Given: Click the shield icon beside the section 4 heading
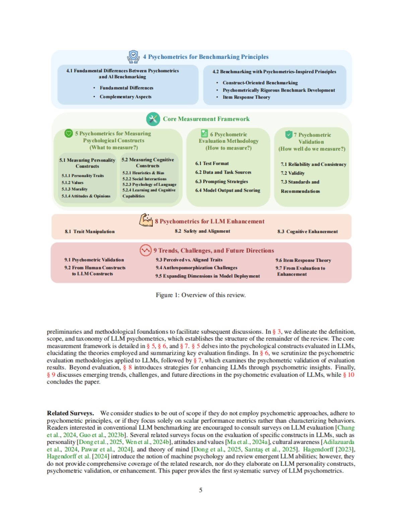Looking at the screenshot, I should (x=133, y=57).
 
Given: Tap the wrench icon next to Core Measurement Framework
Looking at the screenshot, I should (x=153, y=119).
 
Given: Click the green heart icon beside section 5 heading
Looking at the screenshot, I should (x=69, y=133).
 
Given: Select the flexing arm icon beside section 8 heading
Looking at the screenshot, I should (x=146, y=220).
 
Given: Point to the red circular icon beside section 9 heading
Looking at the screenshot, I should (x=145, y=250).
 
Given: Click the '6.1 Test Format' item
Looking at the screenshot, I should (x=212, y=164).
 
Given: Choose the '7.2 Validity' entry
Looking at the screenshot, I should (x=292, y=173).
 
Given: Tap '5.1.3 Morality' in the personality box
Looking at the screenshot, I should (x=74, y=189).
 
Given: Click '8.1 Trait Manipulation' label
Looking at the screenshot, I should (x=89, y=231).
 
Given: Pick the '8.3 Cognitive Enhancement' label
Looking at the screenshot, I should (x=307, y=231).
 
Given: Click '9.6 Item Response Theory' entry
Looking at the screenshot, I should (x=303, y=260).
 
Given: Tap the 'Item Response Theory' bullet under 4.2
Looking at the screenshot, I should (x=246, y=97).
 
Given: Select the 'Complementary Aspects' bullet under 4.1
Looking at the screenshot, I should (x=125, y=97).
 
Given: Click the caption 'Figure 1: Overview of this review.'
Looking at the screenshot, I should (x=200, y=295).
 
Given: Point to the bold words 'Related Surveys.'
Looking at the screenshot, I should (x=70, y=413).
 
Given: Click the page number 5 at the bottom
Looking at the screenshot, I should (x=201, y=490).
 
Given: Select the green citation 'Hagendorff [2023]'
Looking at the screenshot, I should (x=329, y=449).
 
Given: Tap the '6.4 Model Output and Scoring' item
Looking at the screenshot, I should (x=227, y=190).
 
